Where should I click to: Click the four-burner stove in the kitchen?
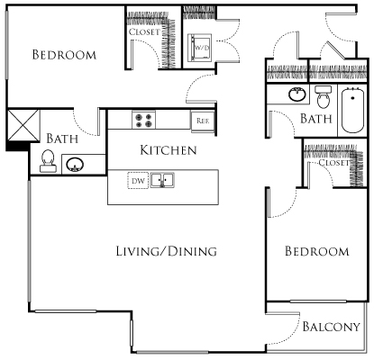pos(143,119)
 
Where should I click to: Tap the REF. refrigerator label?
pos(201,120)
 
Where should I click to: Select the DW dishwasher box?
pos(137,180)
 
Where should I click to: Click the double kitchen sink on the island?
pos(162,180)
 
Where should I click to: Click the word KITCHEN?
pos(168,149)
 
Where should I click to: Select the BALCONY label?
pos(331,327)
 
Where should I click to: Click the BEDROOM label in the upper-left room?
pos(64,55)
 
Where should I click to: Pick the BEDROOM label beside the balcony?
pos(316,251)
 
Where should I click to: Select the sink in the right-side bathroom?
pos(295,94)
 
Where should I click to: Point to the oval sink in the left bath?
pos(77,165)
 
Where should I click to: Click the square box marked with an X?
pos(21,123)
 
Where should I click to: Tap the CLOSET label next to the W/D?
pos(145,31)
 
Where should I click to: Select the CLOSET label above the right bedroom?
pos(333,163)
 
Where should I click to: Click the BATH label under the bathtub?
pos(316,119)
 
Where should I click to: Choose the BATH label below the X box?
pos(61,139)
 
